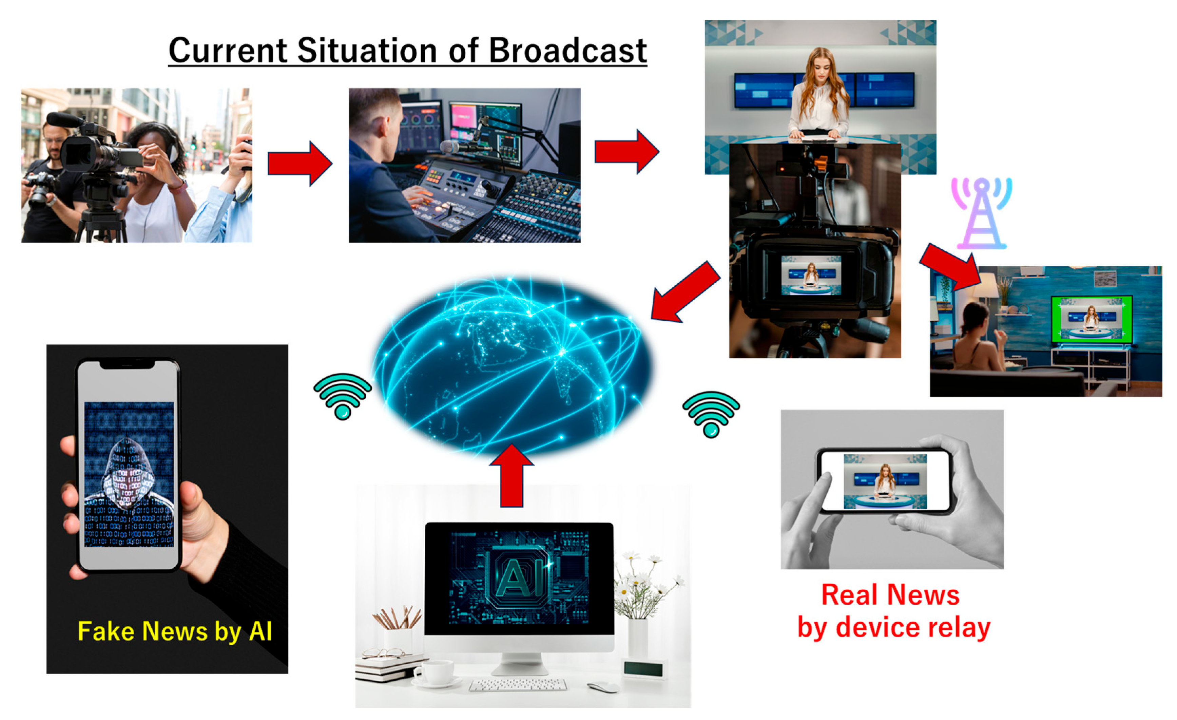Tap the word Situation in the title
point(366,50)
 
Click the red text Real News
point(890,595)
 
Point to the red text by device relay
point(894,628)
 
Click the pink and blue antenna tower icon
point(982,213)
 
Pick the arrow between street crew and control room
point(300,164)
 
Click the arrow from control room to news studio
point(627,151)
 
